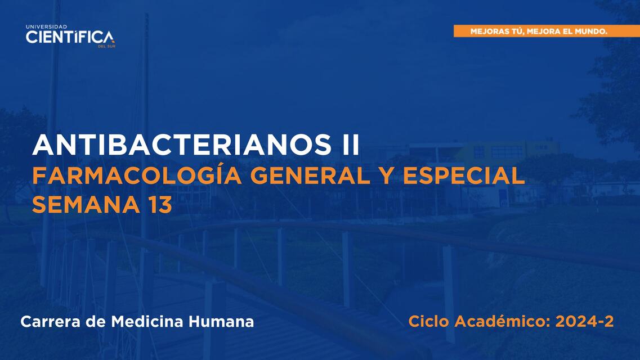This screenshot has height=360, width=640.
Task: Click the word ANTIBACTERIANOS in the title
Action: (x=182, y=145)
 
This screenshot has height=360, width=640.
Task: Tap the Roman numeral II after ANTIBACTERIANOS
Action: (x=350, y=145)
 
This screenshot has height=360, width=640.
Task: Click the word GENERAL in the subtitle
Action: (x=310, y=175)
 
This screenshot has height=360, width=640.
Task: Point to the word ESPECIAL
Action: (x=464, y=175)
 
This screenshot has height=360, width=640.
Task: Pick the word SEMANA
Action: (x=86, y=204)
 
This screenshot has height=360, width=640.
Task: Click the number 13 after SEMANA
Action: (x=160, y=204)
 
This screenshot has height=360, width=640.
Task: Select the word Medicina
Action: (x=147, y=322)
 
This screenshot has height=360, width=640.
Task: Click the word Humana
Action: (x=221, y=322)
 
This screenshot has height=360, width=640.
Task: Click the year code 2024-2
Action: (x=584, y=321)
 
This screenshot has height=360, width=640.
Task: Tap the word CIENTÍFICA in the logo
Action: (x=70, y=37)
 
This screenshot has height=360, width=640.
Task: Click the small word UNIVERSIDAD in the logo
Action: (x=47, y=27)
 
